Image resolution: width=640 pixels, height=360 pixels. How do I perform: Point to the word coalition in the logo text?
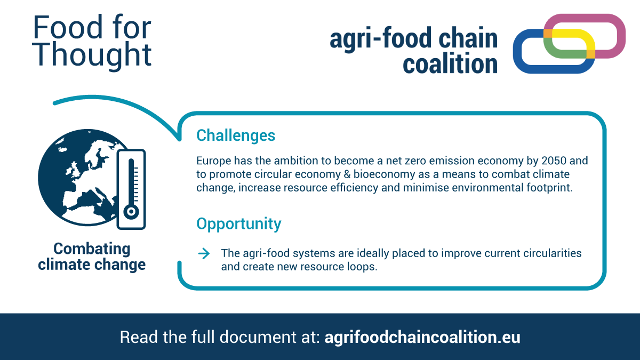(x=450, y=63)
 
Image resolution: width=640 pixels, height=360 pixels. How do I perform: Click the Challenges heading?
(x=236, y=135)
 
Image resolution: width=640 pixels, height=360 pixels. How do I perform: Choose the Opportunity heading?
(x=239, y=223)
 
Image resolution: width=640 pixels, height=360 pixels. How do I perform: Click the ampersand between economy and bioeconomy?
(x=347, y=174)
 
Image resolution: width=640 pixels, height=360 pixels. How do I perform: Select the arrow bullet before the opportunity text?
(x=204, y=253)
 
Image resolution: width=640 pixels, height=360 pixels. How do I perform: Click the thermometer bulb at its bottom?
(x=131, y=212)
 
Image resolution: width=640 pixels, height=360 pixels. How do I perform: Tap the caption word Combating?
(x=92, y=249)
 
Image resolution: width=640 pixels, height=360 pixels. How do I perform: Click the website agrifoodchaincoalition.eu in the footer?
(x=422, y=337)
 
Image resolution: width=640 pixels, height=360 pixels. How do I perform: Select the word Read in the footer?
(x=139, y=337)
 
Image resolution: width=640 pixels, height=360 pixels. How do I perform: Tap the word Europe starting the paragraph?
(x=214, y=161)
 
